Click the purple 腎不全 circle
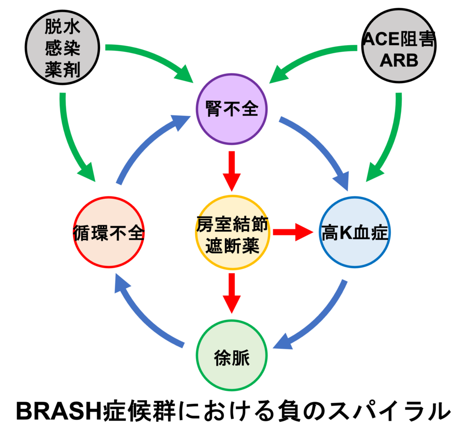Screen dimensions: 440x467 231,110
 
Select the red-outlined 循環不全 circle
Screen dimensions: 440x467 109,234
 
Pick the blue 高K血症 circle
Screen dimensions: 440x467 354,234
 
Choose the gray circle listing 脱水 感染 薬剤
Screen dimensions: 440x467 63,48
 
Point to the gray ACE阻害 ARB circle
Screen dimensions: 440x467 398,48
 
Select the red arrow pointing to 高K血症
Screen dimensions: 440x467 295,232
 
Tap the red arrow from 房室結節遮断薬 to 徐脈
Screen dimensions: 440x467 231,292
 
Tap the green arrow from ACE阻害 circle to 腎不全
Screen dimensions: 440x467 315,57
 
